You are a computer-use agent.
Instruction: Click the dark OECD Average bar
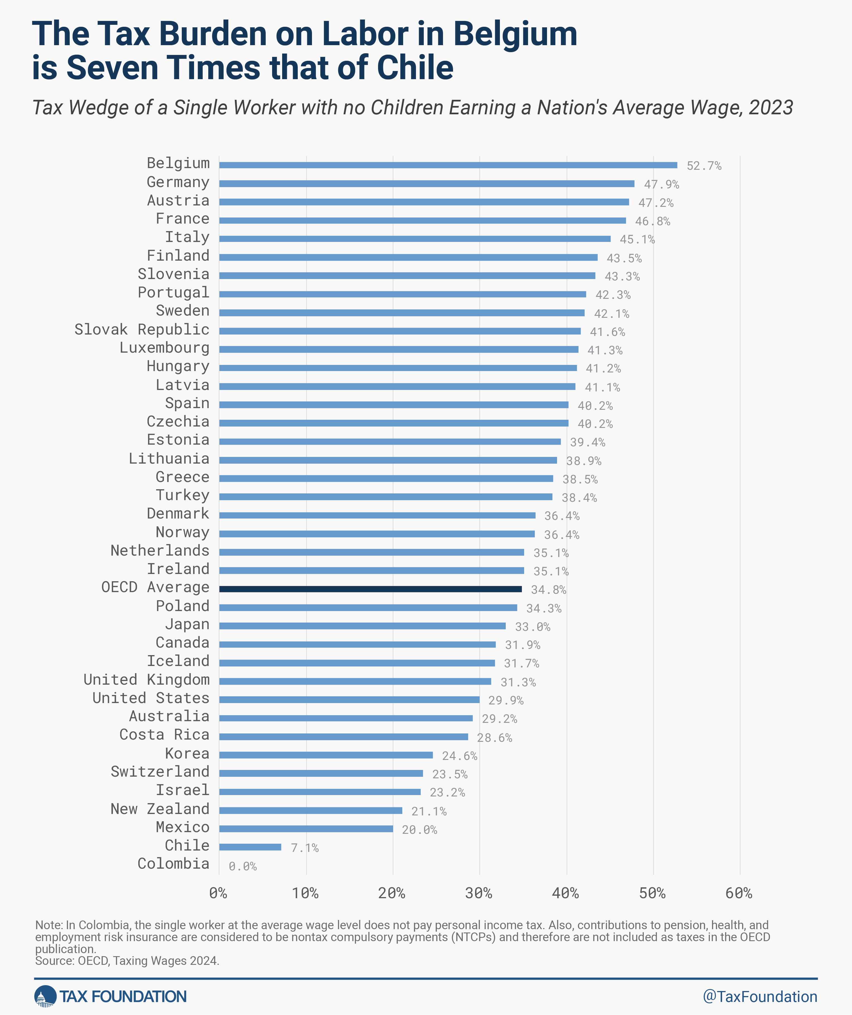coord(370,589)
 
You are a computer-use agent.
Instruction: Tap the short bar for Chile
coord(250,847)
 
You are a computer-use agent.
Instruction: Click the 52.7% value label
coord(704,166)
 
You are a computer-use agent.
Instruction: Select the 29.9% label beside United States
coord(505,700)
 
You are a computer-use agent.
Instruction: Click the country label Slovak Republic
coord(142,330)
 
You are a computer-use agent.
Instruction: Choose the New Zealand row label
coord(160,809)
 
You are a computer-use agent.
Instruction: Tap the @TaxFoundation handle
coord(760,997)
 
